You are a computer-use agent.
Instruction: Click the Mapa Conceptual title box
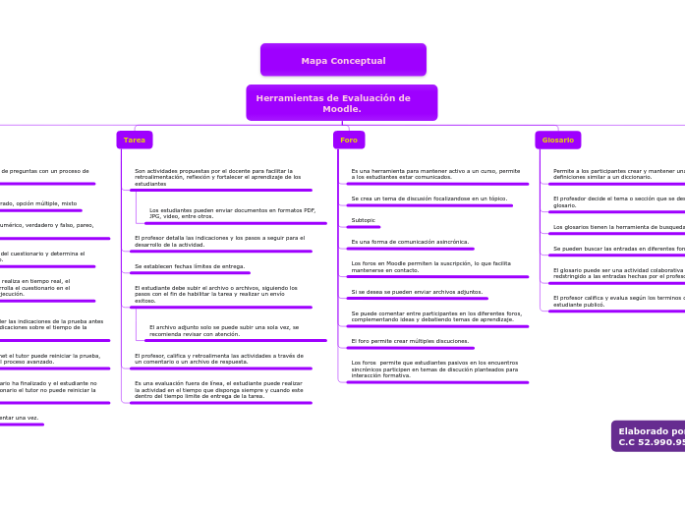point(343,60)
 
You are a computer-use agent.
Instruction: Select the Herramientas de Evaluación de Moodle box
point(341,103)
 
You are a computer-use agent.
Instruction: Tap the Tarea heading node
point(134,140)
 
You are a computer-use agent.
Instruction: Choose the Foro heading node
point(349,140)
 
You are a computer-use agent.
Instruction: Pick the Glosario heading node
point(557,140)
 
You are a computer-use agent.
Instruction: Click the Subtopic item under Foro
point(363,220)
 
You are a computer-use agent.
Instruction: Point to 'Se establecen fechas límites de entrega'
point(190,266)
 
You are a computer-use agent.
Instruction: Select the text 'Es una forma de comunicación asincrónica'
point(410,242)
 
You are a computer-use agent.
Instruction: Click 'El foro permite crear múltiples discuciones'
point(410,341)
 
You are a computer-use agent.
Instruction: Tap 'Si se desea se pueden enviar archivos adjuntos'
point(417,292)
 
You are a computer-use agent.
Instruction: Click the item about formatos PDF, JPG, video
point(232,213)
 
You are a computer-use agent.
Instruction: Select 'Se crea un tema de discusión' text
point(428,199)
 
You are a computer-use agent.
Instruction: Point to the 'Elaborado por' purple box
point(650,436)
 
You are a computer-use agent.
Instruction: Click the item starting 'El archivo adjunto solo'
point(224,330)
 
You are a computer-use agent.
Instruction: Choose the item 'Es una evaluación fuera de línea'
point(218,389)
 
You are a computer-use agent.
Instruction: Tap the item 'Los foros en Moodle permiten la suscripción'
point(430,266)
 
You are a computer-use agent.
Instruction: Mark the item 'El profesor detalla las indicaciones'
point(219,241)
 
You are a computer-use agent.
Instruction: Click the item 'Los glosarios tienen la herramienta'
point(618,227)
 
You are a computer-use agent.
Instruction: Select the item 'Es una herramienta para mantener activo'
point(435,174)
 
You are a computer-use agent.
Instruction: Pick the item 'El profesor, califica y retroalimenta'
point(218,359)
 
